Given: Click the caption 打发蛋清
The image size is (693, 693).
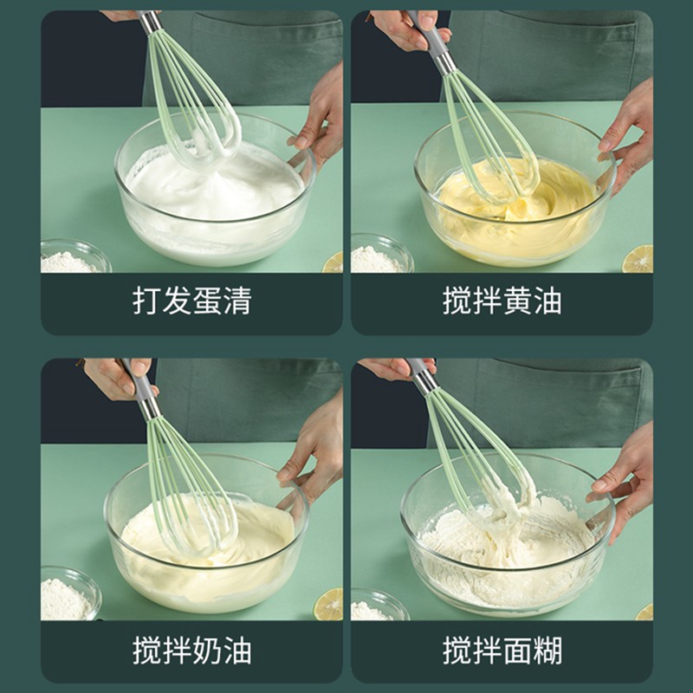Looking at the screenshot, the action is click(192, 301).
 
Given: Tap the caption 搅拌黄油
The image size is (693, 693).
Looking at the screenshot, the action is click(502, 301).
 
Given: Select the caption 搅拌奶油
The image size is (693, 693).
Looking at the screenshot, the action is click(192, 651).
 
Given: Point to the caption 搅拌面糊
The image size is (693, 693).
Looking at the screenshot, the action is click(502, 651).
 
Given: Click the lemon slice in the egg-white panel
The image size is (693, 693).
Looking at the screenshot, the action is click(334, 262).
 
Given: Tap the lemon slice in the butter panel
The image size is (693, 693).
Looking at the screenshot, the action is click(638, 259).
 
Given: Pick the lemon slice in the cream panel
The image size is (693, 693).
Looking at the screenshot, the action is click(329, 604).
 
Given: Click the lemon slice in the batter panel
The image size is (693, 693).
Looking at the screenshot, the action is click(644, 612).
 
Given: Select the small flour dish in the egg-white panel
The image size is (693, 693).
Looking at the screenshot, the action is click(75, 256).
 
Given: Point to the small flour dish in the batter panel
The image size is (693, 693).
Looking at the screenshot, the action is click(379, 605).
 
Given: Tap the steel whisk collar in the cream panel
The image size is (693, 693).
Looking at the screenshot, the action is click(150, 409).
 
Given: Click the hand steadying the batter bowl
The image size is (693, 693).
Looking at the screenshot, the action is click(622, 482).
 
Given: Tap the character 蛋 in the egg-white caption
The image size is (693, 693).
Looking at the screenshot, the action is click(207, 301).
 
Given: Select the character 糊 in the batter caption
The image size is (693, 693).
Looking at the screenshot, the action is click(548, 651).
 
